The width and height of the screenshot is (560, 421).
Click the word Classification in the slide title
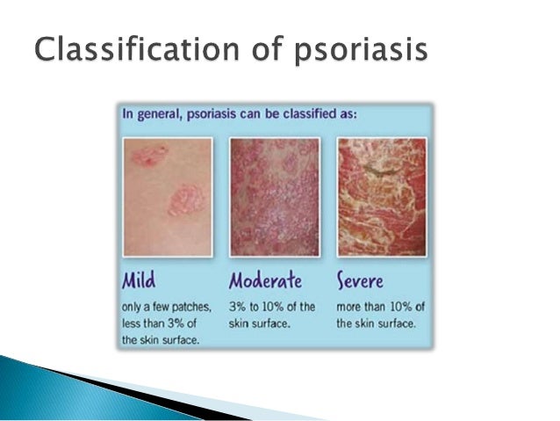(x=137, y=49)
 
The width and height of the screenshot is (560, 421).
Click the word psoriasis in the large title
(x=361, y=51)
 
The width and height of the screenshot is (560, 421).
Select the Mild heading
(x=139, y=279)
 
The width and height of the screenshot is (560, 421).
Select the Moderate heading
(x=265, y=279)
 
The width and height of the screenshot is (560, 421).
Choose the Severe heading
(x=360, y=280)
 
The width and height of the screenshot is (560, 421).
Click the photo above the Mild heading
(x=168, y=197)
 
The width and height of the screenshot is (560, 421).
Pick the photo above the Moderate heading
(x=275, y=197)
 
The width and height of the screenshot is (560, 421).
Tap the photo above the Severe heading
(x=382, y=197)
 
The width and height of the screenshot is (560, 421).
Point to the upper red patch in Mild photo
(x=150, y=156)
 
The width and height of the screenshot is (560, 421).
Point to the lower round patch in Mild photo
(x=187, y=200)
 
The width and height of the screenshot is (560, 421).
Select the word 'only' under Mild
(x=131, y=308)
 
